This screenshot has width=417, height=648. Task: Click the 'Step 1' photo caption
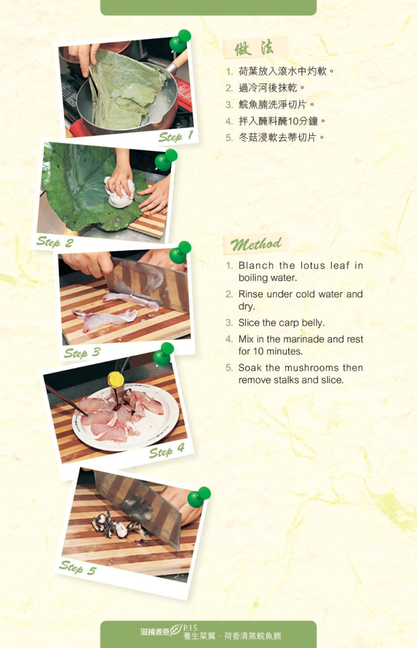pos(176,136)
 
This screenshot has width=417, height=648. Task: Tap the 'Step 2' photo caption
pos(55,242)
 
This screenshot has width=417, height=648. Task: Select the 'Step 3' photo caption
pos(82,353)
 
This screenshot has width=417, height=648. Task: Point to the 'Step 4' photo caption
pos(167,451)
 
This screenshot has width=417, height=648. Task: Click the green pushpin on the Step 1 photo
pos(180,41)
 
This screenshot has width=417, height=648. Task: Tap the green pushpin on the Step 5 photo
pos(199,497)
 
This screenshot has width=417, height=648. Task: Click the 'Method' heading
pos(256,244)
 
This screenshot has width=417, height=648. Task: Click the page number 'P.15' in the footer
pos(190,628)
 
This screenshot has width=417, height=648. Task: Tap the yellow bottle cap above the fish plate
pos(116,379)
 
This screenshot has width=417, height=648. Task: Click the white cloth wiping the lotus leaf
pos(120,192)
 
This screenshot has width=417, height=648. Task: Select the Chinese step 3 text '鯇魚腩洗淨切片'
pos(272,105)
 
